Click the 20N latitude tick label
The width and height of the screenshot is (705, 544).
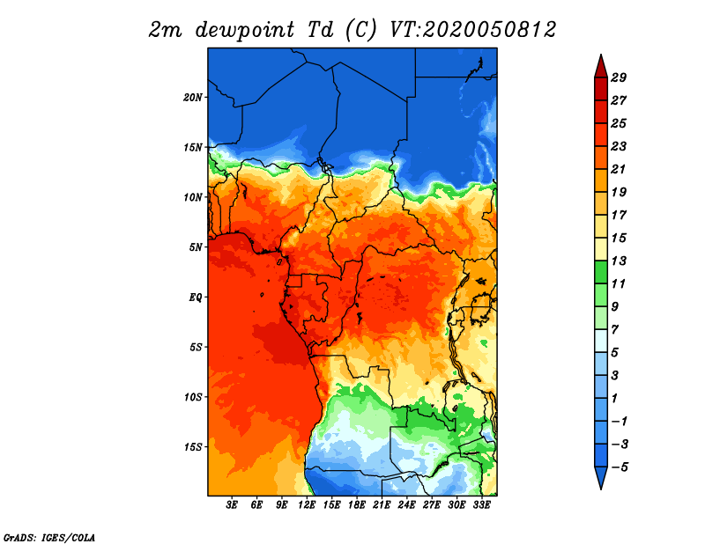[193, 98]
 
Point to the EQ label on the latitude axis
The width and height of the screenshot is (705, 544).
[195, 298]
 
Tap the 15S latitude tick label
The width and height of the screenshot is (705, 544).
[193, 447]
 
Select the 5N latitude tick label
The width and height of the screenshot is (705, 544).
[196, 247]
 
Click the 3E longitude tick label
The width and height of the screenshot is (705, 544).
[232, 505]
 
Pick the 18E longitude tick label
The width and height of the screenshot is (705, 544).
[357, 505]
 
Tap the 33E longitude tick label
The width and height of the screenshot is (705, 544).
[481, 505]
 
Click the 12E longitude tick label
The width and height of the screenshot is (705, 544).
[307, 505]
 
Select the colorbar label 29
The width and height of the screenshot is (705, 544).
[619, 77]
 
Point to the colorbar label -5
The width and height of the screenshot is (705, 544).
[620, 467]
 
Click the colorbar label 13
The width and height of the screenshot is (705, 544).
[619, 261]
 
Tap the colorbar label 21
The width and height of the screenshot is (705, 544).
[619, 169]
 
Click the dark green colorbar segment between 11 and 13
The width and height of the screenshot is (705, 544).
[601, 272]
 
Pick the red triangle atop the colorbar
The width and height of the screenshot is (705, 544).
[601, 67]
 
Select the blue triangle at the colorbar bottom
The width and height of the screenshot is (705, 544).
[601, 478]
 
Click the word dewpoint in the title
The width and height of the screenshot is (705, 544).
[245, 30]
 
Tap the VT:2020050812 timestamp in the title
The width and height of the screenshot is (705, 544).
[473, 30]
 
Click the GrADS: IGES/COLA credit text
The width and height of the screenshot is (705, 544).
[49, 538]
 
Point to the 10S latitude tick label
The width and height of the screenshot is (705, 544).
[193, 397]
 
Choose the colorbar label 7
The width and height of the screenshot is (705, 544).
[615, 330]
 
